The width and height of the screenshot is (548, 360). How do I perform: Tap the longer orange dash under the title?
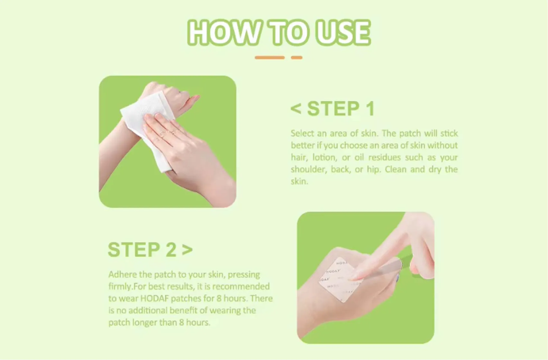pyautogui.click(x=269, y=58)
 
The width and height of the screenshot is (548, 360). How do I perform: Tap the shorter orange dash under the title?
pyautogui.click(x=297, y=58)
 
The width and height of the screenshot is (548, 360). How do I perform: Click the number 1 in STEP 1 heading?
pyautogui.click(x=370, y=109)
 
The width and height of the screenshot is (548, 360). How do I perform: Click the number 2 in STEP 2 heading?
pyautogui.click(x=171, y=250)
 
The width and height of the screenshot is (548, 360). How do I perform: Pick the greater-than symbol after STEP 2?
pyautogui.click(x=187, y=250)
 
